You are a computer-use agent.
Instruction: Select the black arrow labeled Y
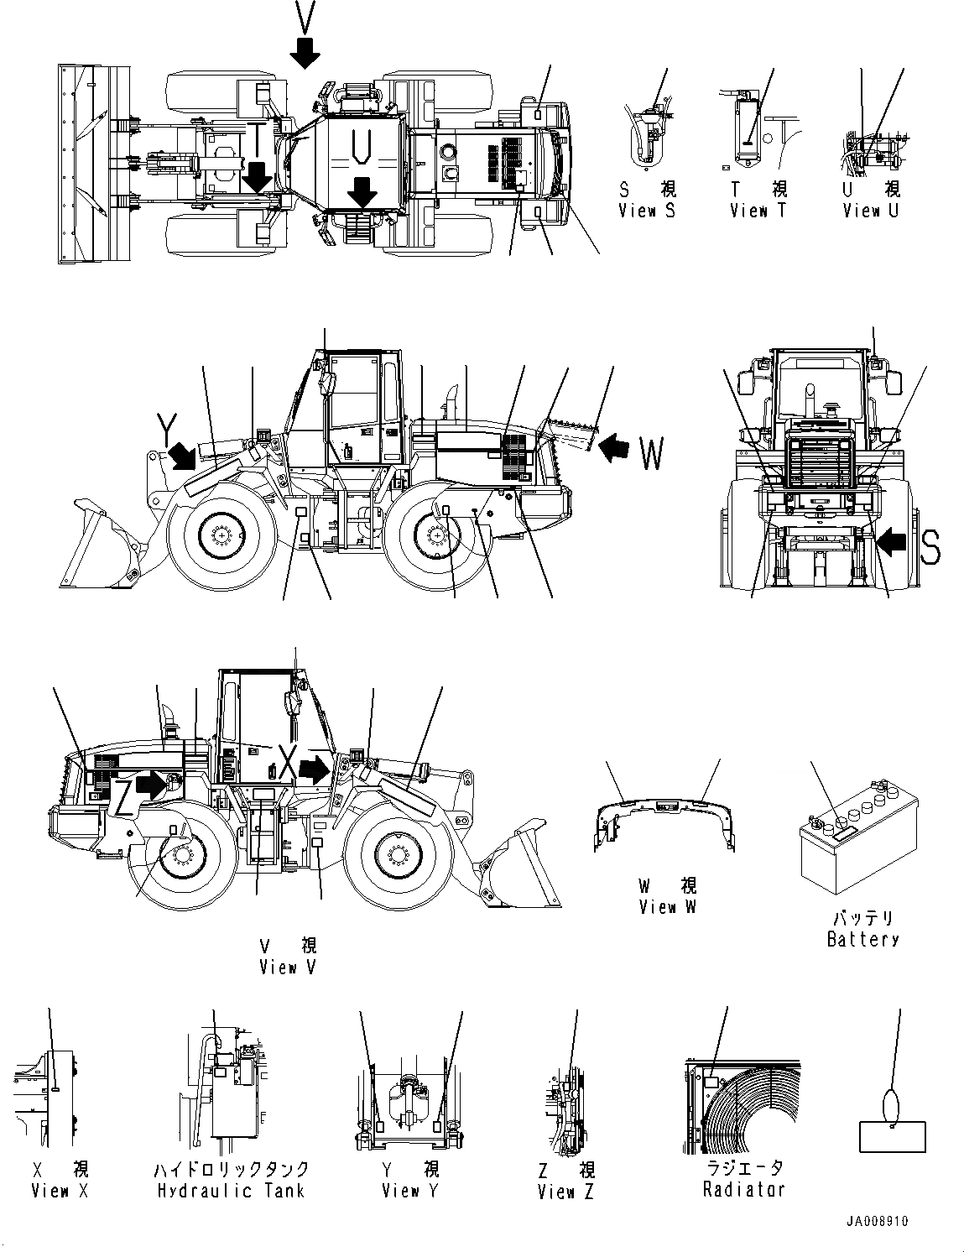[184, 456]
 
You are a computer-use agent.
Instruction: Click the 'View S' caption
[646, 211]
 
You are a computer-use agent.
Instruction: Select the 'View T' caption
[758, 211]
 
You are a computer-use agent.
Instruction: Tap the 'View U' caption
[870, 211]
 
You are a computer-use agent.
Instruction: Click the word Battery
[862, 939]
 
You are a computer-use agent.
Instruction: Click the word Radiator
[744, 1189]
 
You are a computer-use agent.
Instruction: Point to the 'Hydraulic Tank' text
[231, 1190]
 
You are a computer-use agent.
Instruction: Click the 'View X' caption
[60, 1190]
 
